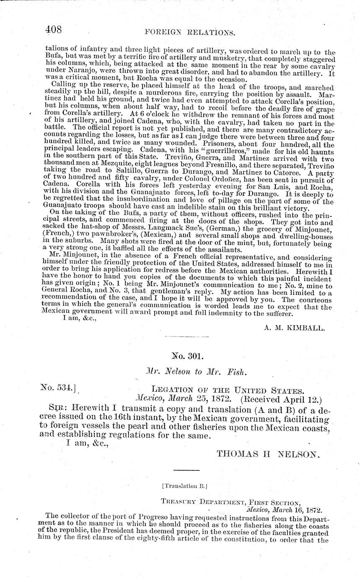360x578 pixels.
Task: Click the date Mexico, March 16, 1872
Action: pos(284,510)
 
